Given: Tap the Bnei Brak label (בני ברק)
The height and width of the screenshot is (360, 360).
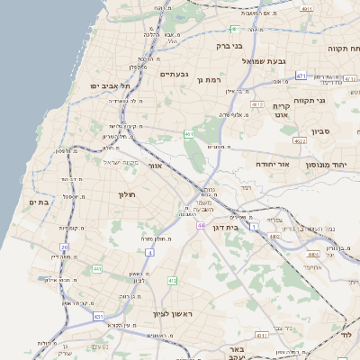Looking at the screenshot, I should [229, 45].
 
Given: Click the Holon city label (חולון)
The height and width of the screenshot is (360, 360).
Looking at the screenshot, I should [126, 194].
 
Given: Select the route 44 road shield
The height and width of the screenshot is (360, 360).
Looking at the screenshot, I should [201, 225].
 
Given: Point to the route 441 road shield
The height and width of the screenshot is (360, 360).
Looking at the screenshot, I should [96, 268].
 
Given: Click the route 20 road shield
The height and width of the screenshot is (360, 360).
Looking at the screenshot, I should [65, 247].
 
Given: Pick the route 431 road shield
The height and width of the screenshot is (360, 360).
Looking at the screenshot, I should [98, 316].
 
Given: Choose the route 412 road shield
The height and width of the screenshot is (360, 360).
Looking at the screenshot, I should [172, 281].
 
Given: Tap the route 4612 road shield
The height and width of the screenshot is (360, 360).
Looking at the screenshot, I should [258, 104].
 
